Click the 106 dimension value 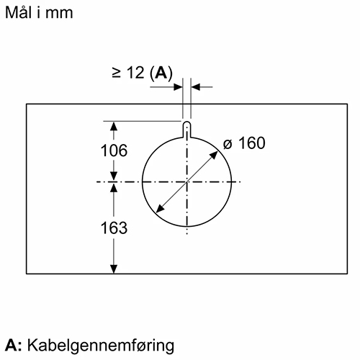114,150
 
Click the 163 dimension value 114,228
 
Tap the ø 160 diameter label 244,143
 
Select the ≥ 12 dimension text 128,72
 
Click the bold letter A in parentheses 161,72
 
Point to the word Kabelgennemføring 101,346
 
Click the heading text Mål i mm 39,12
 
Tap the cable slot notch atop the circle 187,130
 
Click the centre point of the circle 187,182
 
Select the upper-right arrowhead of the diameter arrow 215,155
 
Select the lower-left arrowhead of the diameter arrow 159,209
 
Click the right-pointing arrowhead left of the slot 179,87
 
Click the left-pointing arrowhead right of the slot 196,87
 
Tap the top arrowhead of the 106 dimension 114,126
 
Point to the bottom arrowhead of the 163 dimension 114,269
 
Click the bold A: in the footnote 14,345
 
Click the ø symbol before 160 228,144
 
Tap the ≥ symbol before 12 116,73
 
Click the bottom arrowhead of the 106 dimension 114,176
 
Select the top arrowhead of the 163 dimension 114,187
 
